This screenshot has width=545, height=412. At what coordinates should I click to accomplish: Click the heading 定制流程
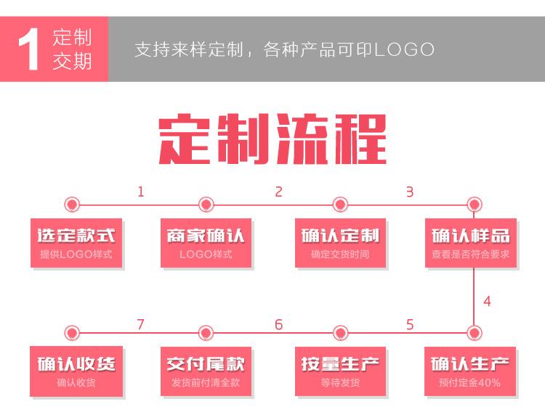272,139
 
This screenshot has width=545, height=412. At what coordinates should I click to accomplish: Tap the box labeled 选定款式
76,242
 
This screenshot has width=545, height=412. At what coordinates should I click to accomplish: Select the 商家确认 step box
206,242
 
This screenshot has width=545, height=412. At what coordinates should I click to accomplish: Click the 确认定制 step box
340,242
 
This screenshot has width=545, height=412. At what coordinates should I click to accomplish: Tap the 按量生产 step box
340,371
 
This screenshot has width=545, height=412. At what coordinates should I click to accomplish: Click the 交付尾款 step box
206,371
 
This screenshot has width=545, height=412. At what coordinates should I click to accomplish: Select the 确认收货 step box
76,371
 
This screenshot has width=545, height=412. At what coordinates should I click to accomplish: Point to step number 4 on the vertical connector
487,301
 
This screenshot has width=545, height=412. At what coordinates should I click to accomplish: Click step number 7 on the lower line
141,324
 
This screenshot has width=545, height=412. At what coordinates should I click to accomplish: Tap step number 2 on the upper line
278,192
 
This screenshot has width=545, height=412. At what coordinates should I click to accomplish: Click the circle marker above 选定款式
72,205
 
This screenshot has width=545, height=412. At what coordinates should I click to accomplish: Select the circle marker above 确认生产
474,333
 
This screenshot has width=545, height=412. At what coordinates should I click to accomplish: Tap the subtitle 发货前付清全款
206,382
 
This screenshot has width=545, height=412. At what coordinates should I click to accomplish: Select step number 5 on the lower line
410,324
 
